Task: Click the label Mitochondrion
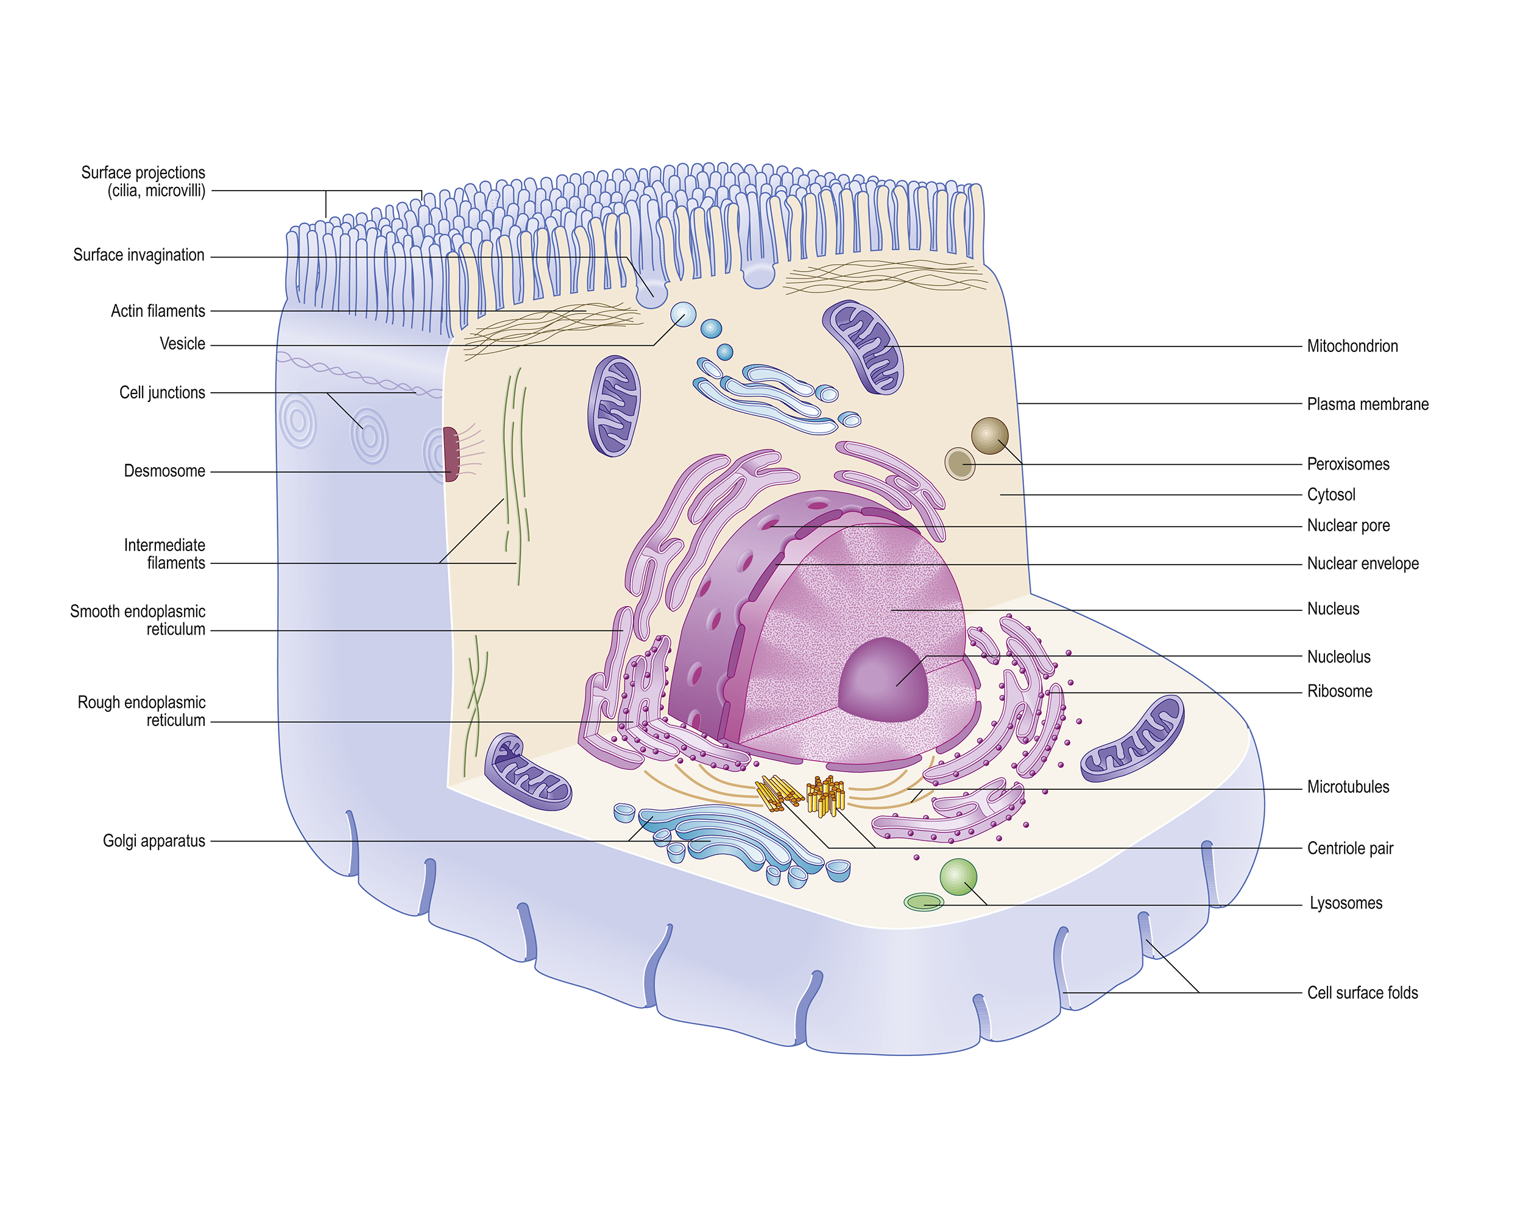pyautogui.click(x=1351, y=346)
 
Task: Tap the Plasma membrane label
pyautogui.click(x=1367, y=404)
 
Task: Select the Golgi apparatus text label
pyautogui.click(x=154, y=841)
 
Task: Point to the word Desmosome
pyautogui.click(x=164, y=471)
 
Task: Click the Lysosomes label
pyautogui.click(x=1345, y=903)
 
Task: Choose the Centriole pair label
pyautogui.click(x=1349, y=848)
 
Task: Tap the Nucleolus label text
pyautogui.click(x=1338, y=657)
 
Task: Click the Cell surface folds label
pyautogui.click(x=1362, y=993)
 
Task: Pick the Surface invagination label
pyautogui.click(x=138, y=255)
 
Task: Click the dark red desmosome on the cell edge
pyautogui.click(x=451, y=454)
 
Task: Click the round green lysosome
pyautogui.click(x=958, y=877)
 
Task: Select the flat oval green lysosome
pyautogui.click(x=924, y=902)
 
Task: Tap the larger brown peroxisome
pyautogui.click(x=989, y=435)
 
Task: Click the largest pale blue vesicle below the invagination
pyautogui.click(x=683, y=314)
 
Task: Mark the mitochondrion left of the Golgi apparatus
pyautogui.click(x=527, y=772)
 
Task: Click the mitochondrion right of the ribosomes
pyautogui.click(x=1133, y=739)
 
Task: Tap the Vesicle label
pyautogui.click(x=182, y=344)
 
